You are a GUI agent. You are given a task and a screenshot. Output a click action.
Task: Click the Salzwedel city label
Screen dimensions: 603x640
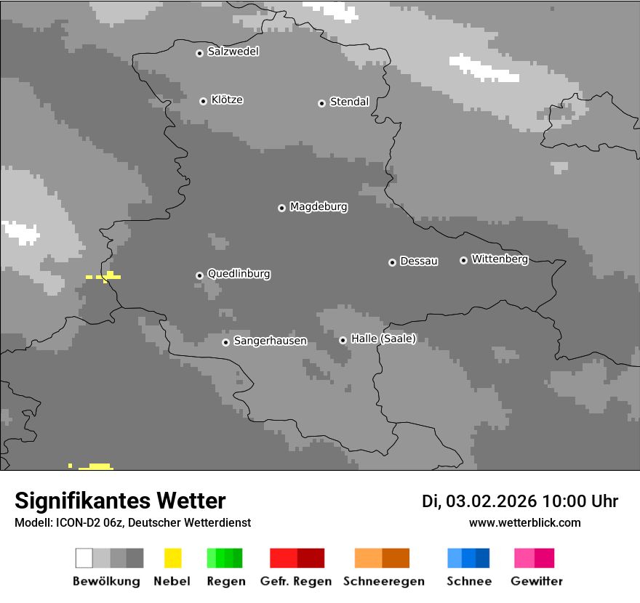click(x=233, y=52)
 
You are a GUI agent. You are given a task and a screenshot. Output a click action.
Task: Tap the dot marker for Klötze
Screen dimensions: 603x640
click(x=203, y=101)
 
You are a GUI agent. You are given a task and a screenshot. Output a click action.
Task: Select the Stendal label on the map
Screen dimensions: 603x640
click(x=349, y=102)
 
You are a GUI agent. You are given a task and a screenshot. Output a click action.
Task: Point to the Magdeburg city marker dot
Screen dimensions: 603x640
click(x=281, y=208)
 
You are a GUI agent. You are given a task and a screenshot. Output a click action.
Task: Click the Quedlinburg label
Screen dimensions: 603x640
click(x=239, y=274)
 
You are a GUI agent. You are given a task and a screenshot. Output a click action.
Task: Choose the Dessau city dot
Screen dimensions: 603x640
click(x=392, y=262)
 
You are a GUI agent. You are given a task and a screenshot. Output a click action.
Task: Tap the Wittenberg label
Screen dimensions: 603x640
click(x=500, y=259)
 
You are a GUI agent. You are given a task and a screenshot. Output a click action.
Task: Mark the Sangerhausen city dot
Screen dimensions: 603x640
click(x=225, y=342)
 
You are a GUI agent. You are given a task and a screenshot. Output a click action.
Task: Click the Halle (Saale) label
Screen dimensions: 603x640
click(x=383, y=339)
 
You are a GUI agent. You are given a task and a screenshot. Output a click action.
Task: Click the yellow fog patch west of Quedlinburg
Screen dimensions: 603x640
click(x=106, y=276)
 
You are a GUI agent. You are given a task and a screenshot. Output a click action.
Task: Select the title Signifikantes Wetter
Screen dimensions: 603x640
click(x=120, y=501)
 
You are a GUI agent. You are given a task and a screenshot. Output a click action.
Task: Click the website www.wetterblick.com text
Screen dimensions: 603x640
click(x=525, y=522)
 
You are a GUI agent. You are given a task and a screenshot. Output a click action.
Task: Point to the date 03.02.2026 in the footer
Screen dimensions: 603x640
click(x=491, y=501)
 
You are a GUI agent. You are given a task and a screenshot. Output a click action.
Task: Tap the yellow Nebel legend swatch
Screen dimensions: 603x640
click(x=172, y=558)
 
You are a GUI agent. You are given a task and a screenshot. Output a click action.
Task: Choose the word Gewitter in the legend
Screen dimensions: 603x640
click(x=537, y=581)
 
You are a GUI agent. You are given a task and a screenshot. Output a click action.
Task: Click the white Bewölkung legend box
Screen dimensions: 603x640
click(x=84, y=558)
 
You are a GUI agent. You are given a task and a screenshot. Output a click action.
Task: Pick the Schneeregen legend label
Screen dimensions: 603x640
click(x=383, y=581)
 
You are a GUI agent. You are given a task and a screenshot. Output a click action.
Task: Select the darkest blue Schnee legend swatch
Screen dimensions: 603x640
click(x=483, y=558)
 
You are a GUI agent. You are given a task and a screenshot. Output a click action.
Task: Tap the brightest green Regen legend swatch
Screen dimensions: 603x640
click(x=212, y=558)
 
